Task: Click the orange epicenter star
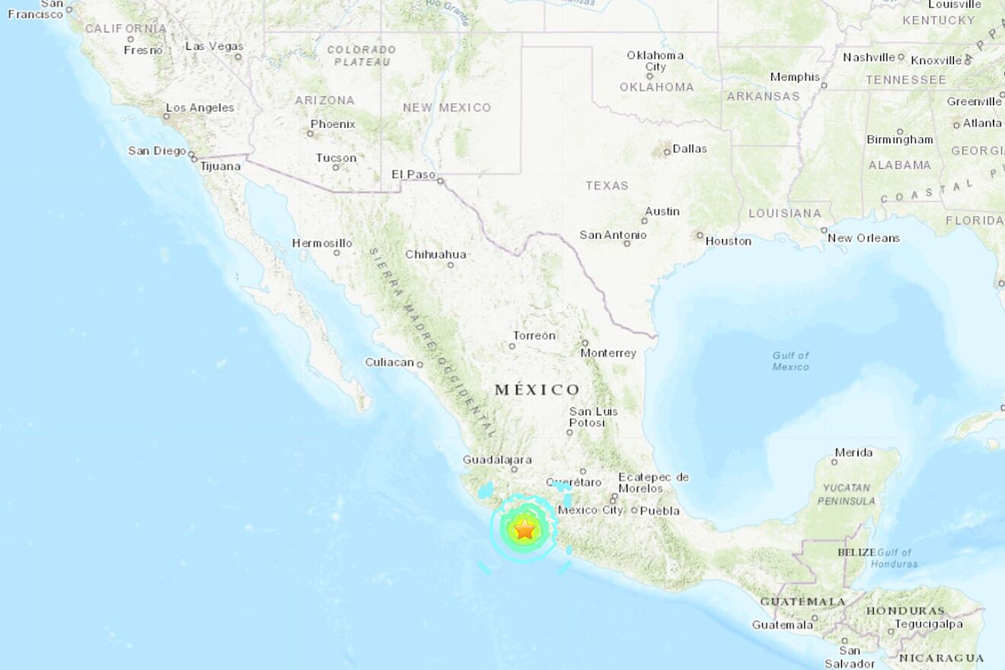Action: point(525,528)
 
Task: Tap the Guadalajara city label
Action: point(497,460)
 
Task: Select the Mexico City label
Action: point(590,510)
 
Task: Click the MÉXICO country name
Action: point(538,390)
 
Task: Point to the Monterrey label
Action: point(608,353)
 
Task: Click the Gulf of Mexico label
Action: point(791,361)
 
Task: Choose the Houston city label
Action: point(729,241)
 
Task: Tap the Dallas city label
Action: point(690,149)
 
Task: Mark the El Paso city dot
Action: point(441,181)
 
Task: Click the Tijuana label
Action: point(221,165)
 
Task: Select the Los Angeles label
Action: point(199,107)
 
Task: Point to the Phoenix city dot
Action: point(310,133)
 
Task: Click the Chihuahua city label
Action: point(435,254)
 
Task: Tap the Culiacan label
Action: point(389,362)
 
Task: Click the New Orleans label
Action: point(863,238)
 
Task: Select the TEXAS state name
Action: point(607,185)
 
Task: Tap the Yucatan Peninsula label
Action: point(847,494)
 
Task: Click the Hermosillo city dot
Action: point(337,253)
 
